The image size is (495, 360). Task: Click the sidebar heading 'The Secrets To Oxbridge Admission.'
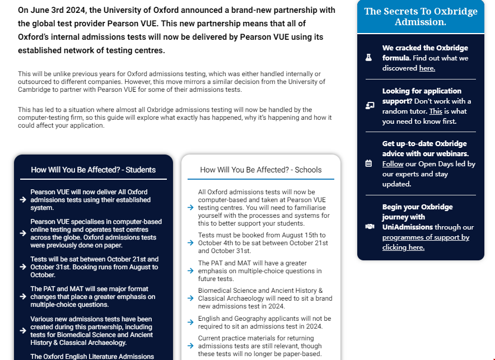(x=421, y=17)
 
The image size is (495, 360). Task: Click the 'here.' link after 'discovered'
(x=427, y=68)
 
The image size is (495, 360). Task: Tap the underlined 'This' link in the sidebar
(x=436, y=111)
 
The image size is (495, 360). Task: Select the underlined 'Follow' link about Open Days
(x=393, y=164)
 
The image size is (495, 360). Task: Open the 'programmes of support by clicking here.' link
(x=426, y=242)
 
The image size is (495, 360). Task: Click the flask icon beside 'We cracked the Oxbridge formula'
(x=368, y=58)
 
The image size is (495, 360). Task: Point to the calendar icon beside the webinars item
(x=368, y=163)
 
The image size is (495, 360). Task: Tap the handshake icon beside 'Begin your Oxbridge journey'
(x=369, y=227)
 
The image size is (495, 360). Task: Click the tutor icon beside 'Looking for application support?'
(x=369, y=106)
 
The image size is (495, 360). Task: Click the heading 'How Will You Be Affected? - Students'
(x=94, y=170)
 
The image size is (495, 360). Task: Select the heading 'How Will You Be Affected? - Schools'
(x=261, y=170)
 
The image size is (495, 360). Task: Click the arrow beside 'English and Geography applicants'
(x=191, y=323)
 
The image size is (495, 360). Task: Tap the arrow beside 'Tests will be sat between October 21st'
(x=23, y=267)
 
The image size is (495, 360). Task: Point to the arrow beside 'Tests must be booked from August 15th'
(x=191, y=243)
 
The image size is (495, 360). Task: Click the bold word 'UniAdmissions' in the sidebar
(x=407, y=227)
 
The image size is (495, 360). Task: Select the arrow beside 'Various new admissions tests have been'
(x=23, y=330)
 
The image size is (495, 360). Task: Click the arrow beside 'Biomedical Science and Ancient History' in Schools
(x=191, y=299)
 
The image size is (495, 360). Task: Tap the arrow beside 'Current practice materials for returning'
(x=191, y=346)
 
